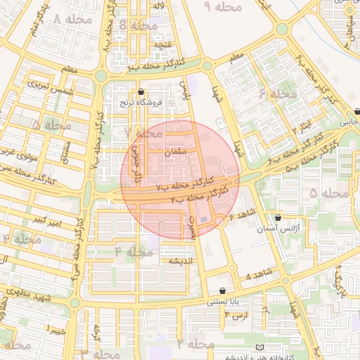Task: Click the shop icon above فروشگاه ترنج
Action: (141, 91)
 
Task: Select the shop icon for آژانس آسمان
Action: (278, 218)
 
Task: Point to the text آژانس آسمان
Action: (286, 229)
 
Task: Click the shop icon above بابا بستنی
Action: (223, 290)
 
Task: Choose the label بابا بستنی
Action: (224, 302)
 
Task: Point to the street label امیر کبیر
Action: (48, 221)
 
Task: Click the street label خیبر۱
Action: (56, 328)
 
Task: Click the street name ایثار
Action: (304, 124)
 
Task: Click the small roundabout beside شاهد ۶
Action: (219, 221)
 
